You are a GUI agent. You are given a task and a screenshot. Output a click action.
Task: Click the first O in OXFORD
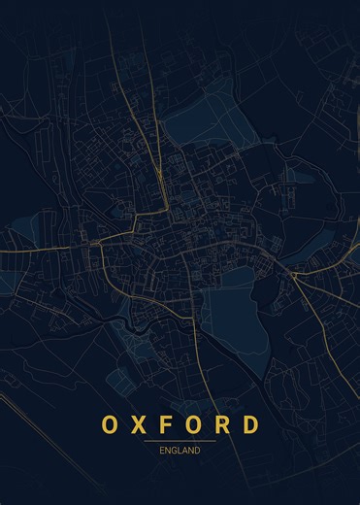pos(110,425)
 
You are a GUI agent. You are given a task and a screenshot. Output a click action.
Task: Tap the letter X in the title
pos(140,425)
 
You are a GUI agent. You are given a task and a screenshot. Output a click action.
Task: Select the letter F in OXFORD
pos(167,425)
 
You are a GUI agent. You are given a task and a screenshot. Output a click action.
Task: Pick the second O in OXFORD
pos(194,425)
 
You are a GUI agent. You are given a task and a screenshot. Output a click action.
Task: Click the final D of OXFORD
pos(251,425)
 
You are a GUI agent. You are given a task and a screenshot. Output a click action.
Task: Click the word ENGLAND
pos(180,451)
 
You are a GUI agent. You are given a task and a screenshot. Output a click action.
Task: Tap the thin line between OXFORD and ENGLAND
pos(180,441)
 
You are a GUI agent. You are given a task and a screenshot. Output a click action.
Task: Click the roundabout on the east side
pos(293,276)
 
